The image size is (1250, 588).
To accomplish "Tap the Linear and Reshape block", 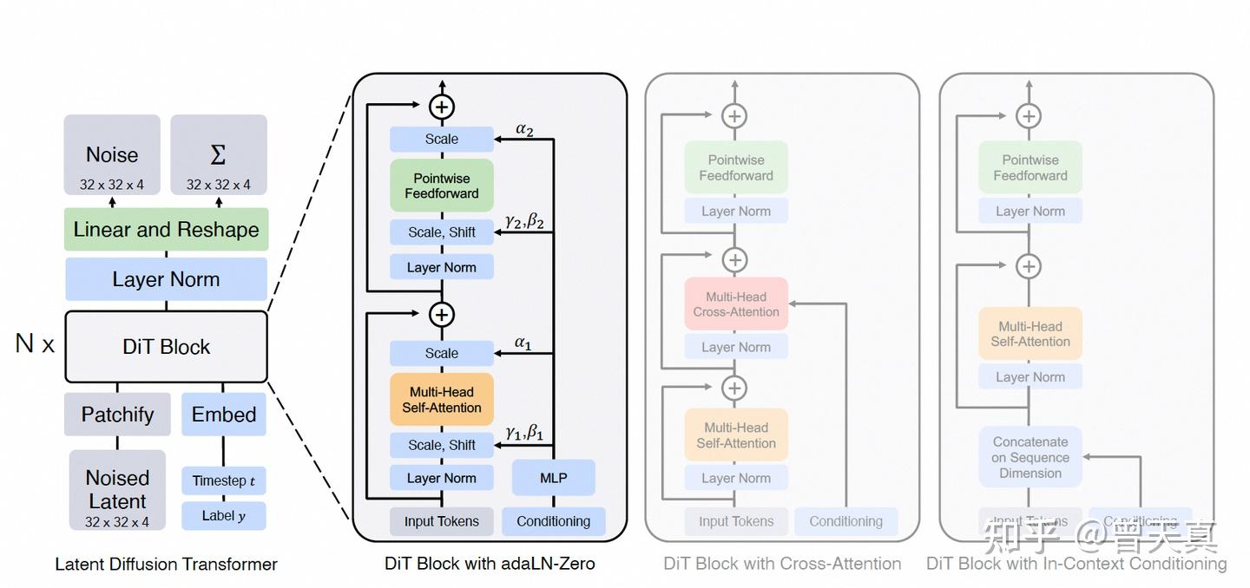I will [x=166, y=230].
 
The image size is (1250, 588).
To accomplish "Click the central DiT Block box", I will [x=166, y=347].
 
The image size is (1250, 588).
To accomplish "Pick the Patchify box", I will [x=117, y=415].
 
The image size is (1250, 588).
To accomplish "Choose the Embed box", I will [x=223, y=415].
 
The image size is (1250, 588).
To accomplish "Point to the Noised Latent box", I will [x=117, y=490].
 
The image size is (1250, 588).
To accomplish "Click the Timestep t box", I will [x=223, y=481].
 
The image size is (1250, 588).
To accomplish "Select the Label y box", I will [x=223, y=516].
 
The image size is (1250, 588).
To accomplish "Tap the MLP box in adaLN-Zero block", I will [x=553, y=478].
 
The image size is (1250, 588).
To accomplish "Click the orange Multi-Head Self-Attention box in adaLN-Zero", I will [x=441, y=400].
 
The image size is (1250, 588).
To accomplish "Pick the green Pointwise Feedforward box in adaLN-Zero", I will [x=441, y=186].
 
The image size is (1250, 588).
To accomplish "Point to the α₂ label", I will [x=524, y=129].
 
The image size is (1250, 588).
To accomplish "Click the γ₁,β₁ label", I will [x=524, y=431].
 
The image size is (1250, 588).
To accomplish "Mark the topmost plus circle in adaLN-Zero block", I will [x=442, y=107].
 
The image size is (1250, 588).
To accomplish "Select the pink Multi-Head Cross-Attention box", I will [x=735, y=304].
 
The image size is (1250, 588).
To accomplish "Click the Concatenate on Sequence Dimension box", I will [x=1030, y=457].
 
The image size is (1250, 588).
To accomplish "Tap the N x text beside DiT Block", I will [x=35, y=344].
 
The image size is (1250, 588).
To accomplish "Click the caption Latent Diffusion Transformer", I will [x=166, y=565].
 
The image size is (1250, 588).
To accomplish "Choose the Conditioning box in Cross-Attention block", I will [x=845, y=521].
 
